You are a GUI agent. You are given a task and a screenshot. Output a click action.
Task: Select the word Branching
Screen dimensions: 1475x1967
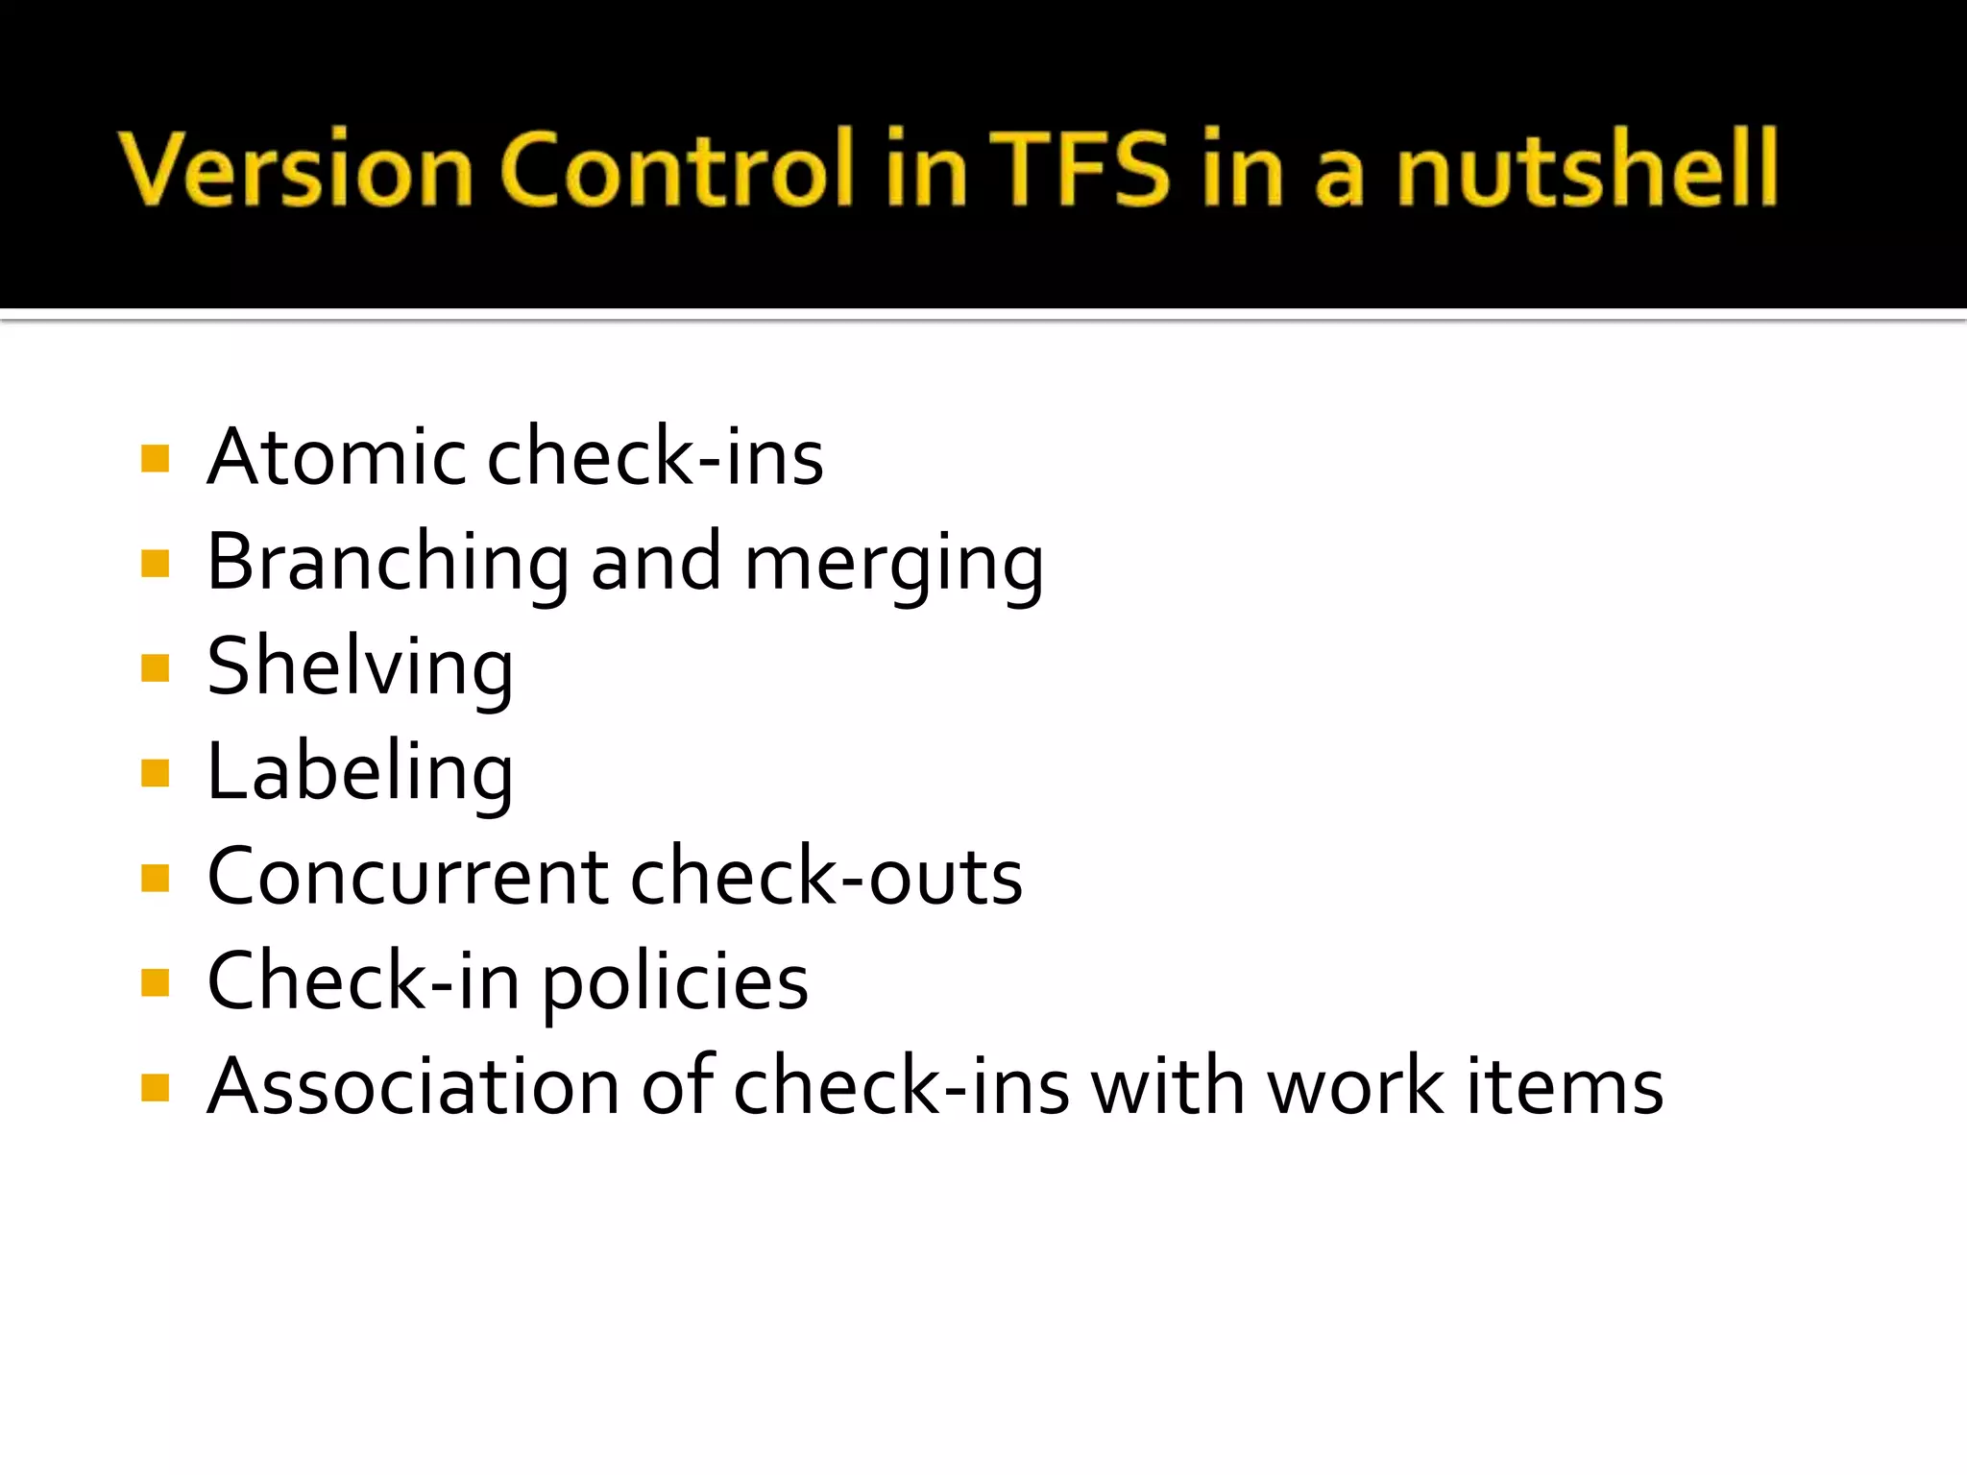[388, 564]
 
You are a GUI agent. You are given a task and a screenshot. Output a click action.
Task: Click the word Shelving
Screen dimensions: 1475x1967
[360, 669]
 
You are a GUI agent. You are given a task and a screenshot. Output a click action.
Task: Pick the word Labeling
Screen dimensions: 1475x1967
[360, 774]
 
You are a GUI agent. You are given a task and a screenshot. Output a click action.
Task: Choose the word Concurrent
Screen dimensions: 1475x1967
[408, 878]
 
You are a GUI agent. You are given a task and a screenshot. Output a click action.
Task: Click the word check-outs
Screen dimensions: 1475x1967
[827, 878]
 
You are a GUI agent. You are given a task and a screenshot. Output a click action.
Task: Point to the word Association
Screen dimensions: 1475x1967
[413, 1087]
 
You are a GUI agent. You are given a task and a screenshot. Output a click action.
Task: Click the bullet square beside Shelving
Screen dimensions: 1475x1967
[155, 667]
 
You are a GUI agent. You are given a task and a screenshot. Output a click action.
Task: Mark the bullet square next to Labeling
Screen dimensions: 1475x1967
[155, 773]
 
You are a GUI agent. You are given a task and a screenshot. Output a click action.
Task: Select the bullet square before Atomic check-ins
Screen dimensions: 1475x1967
[155, 458]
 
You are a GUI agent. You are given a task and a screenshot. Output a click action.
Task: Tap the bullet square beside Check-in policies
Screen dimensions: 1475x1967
[155, 982]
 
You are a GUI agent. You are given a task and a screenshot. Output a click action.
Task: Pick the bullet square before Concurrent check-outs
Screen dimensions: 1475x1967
[155, 878]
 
